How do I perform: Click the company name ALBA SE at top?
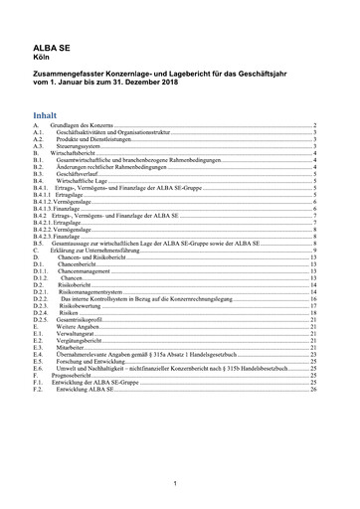pyautogui.click(x=54, y=47)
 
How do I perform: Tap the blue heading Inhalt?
pyautogui.click(x=47, y=114)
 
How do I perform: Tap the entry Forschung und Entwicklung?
pyautogui.click(x=90, y=360)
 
